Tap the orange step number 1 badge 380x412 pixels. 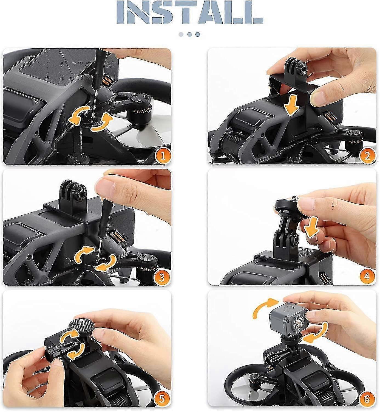[163, 156]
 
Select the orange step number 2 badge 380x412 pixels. [367, 156]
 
